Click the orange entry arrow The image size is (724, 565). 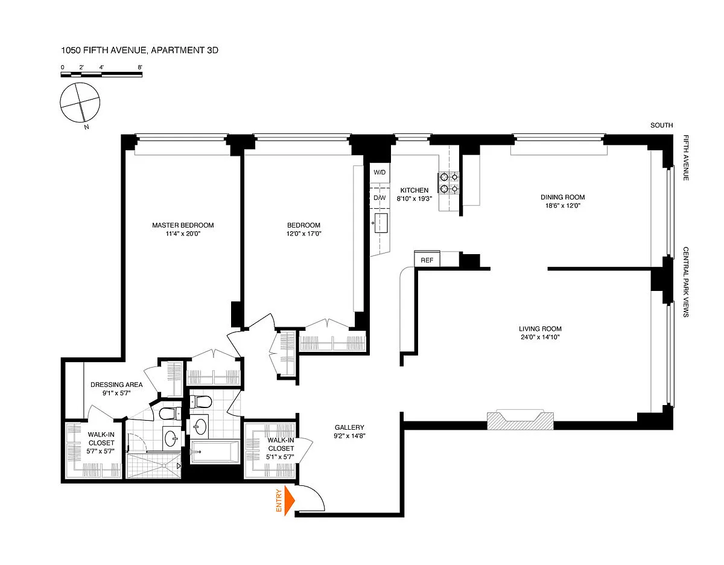pos(289,500)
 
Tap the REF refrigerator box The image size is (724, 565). pos(427,259)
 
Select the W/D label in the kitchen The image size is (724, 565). pos(379,172)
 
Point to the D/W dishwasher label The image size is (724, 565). pos(379,197)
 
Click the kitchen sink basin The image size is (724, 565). pos(381,223)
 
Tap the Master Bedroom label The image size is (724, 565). pos(183,225)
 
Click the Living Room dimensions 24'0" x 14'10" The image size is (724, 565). pos(540,337)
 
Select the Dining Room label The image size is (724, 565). pos(563,197)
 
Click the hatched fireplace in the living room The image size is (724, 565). pos(520,420)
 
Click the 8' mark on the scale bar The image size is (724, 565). pos(140,68)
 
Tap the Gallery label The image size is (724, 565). pos(349,427)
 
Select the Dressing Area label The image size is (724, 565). pos(116,385)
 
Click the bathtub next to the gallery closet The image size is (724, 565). pos(215,452)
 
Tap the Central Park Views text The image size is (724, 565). pos(685,282)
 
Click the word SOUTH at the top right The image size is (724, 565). pos(662,125)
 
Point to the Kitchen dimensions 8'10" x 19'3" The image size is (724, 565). pos(414,199)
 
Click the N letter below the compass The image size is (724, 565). pos(87,127)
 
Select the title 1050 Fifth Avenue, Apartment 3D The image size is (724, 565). pos(139,50)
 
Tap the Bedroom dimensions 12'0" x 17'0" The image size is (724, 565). pos(303,234)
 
